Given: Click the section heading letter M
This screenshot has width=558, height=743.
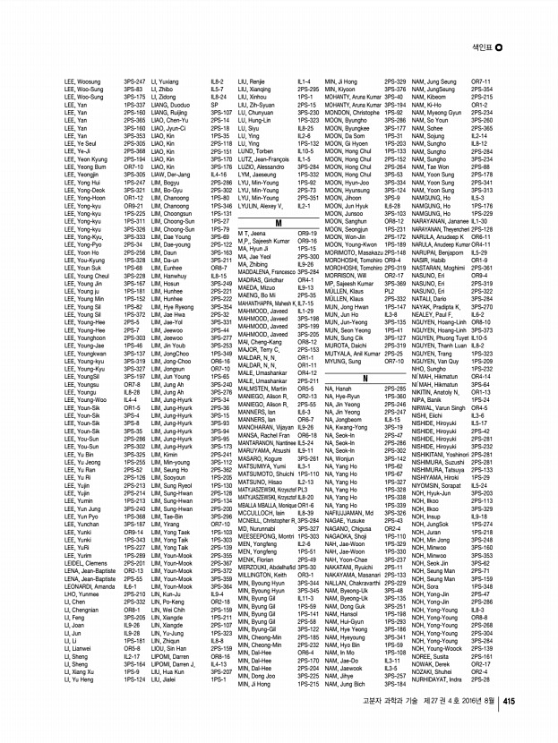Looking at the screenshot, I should click(x=279, y=221).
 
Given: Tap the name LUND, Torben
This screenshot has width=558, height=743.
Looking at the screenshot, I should click(x=254, y=151).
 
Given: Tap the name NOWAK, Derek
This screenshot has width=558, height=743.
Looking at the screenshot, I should click(x=433, y=687).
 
